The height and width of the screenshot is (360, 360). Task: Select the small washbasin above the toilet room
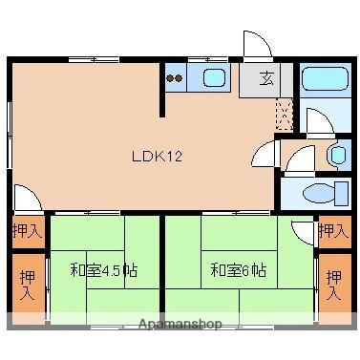point(337,155)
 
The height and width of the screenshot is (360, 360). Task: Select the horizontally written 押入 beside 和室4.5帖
point(27,230)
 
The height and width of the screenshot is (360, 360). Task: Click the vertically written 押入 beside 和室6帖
point(333,284)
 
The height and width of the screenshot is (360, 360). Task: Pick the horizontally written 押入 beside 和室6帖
point(332,230)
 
